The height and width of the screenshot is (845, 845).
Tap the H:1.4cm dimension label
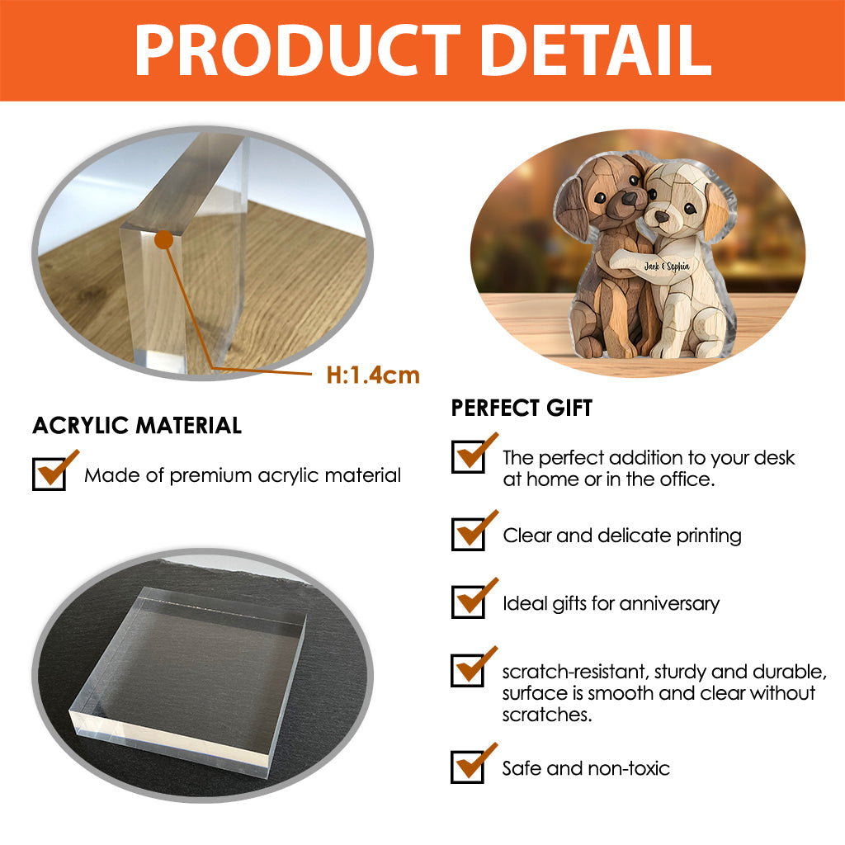coord(373,375)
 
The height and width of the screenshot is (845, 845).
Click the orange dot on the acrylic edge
coord(163,239)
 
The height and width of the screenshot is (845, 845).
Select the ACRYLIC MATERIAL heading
coord(137,426)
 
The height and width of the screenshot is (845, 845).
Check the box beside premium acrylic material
coord(49,474)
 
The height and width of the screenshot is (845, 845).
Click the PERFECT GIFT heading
coord(522,408)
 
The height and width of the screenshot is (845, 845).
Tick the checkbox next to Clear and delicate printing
coord(468,534)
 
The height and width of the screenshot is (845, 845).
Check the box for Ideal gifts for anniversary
coord(468,602)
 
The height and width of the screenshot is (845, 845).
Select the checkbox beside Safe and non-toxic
coord(468,767)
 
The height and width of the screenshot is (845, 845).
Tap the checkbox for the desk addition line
coord(468,456)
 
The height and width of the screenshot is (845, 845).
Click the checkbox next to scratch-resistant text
coord(468,669)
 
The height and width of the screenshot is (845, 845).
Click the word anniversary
coord(669,604)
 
